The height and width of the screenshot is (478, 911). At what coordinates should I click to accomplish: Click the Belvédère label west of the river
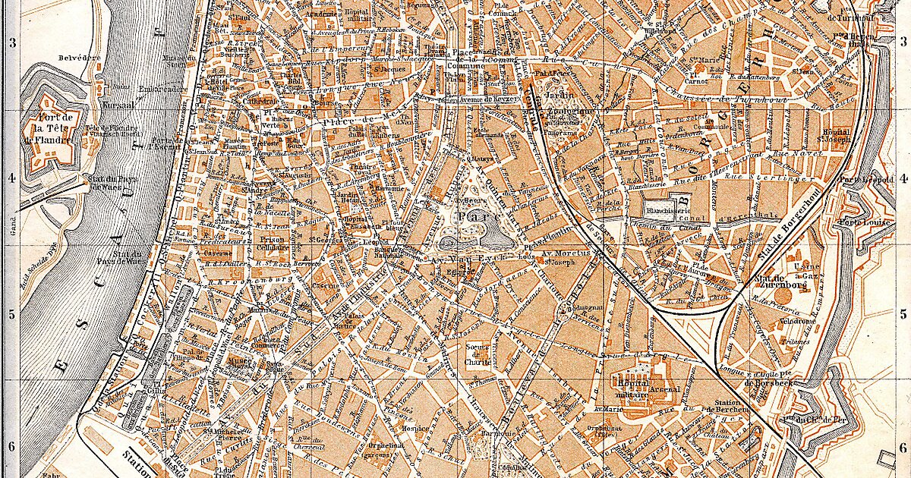tap(74, 57)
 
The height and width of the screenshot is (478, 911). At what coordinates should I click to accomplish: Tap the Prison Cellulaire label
tap(271, 241)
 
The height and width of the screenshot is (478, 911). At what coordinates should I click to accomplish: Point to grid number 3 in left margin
tap(11, 43)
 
